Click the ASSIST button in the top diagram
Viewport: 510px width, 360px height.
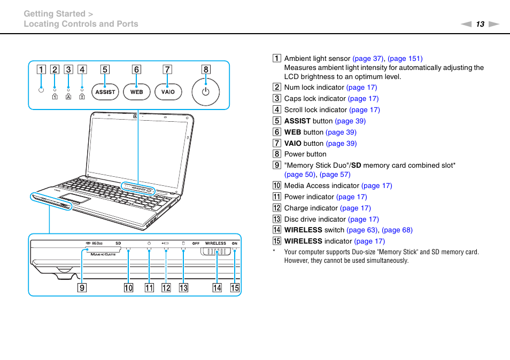pyautogui.click(x=105, y=92)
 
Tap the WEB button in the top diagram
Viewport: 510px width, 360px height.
pyautogui.click(x=137, y=92)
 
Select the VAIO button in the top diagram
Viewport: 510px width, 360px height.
pyautogui.click(x=168, y=92)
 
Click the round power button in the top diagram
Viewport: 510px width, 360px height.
pyautogui.click(x=206, y=91)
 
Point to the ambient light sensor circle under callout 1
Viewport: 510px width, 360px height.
pyautogui.click(x=41, y=90)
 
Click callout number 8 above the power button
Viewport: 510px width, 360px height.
pyautogui.click(x=206, y=69)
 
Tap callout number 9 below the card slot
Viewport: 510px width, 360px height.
pyautogui.click(x=82, y=288)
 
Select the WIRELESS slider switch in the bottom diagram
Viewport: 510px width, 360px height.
pyautogui.click(x=217, y=253)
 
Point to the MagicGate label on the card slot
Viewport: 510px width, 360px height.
pyautogui.click(x=104, y=254)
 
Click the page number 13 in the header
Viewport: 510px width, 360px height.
pyautogui.click(x=480, y=24)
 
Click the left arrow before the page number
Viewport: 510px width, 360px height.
pyautogui.click(x=466, y=24)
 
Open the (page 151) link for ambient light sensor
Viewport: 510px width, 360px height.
pyautogui.click(x=405, y=59)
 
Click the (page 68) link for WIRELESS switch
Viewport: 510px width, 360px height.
pyautogui.click(x=397, y=230)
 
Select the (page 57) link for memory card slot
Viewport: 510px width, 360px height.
pyautogui.click(x=335, y=175)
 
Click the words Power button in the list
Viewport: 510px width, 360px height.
pyautogui.click(x=305, y=154)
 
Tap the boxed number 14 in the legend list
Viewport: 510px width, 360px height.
pyautogui.click(x=276, y=230)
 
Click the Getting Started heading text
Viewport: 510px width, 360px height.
pyautogui.click(x=55, y=14)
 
